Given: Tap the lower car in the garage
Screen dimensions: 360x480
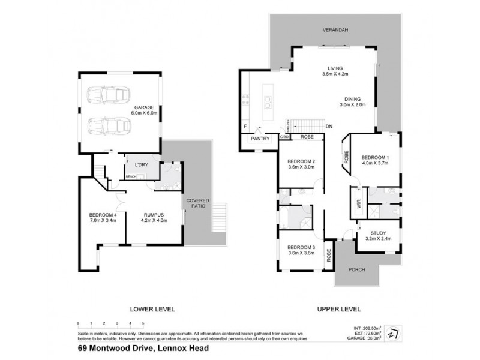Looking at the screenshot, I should coord(108,127).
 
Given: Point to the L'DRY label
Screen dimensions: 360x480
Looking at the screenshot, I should coord(142,164).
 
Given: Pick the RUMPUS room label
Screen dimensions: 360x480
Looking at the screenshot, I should coord(154,214).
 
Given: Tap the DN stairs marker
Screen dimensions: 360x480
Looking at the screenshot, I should coord(329,127).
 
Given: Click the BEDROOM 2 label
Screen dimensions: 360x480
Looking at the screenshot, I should coord(301,161).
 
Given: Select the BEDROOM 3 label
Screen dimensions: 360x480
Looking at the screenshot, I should coord(301,247).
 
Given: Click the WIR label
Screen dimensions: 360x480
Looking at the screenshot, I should coord(359,204).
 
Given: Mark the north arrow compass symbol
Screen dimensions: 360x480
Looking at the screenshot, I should coord(392,332).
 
